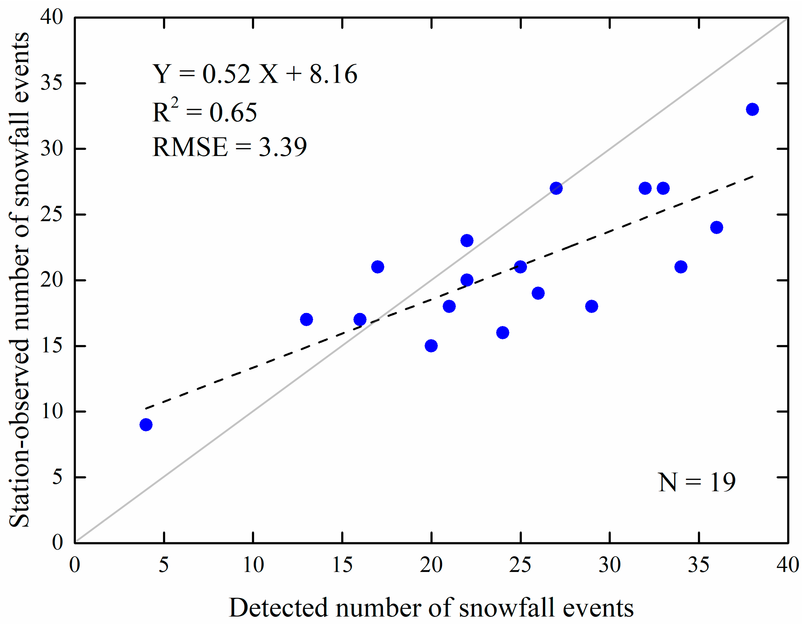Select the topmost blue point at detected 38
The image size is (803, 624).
tap(752, 109)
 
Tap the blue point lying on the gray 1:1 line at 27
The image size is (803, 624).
tap(556, 188)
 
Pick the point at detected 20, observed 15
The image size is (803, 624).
tap(431, 346)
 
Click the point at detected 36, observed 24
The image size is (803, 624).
tap(717, 227)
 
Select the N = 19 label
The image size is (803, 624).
tap(697, 482)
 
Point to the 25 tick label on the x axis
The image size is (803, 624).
tap(520, 565)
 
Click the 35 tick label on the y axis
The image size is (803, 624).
tap(52, 83)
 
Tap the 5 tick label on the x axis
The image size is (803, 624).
tap(164, 565)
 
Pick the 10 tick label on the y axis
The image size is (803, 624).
tap(52, 411)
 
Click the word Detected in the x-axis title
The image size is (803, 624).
tap(278, 608)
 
